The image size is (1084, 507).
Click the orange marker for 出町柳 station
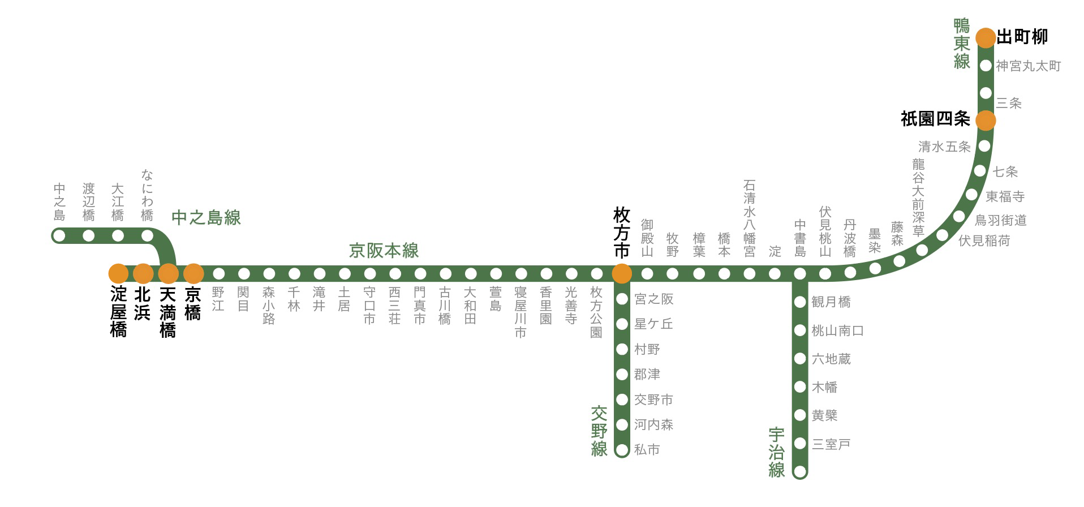[986, 37]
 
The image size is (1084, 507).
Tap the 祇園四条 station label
[935, 119]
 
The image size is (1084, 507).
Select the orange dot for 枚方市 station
[622, 274]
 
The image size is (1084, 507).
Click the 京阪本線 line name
[384, 251]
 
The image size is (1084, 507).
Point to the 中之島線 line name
[206, 217]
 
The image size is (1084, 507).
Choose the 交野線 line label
[599, 431]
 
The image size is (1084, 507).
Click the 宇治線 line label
[777, 453]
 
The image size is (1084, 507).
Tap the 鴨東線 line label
[962, 43]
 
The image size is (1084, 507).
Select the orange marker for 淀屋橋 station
[118, 274]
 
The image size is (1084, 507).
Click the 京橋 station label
[193, 304]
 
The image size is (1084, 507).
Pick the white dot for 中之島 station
[59, 235]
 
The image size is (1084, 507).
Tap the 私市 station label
[647, 450]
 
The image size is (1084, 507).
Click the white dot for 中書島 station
[799, 274]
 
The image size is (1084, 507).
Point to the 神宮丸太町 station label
[1028, 66]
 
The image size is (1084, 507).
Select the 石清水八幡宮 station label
[749, 218]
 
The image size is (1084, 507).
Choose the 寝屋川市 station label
[521, 312]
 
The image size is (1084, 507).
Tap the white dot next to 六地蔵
[799, 359]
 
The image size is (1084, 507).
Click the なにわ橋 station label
[147, 195]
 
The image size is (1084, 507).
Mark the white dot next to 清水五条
[984, 146]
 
